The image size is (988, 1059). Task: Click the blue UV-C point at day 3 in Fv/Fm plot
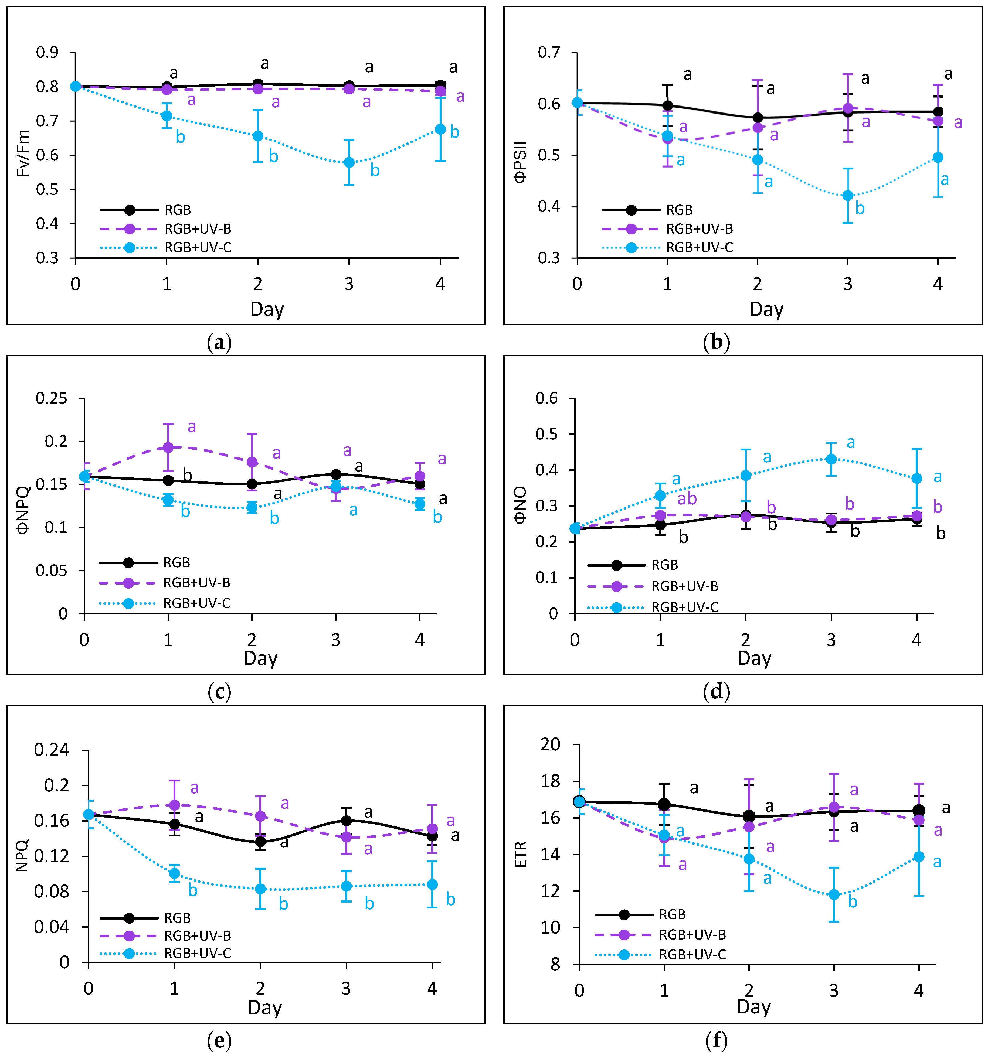point(349,162)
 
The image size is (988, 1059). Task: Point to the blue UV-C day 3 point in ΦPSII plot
point(847,196)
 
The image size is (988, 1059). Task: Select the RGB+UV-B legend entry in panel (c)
point(196,583)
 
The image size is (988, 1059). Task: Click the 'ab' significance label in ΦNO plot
point(687,499)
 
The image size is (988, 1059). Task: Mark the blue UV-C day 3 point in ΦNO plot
point(831,459)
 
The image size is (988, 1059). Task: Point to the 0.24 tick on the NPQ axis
point(51,750)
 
